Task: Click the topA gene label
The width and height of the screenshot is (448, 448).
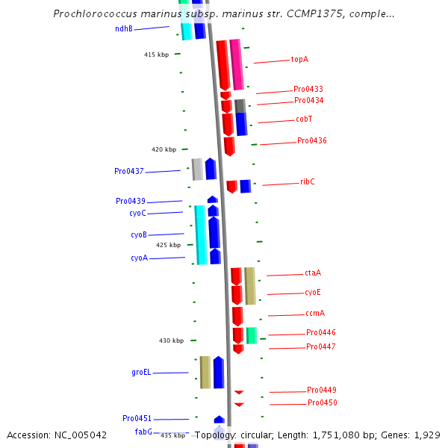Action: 299,59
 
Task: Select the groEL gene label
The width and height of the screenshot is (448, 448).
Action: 141,372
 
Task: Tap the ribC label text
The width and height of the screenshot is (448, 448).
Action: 308,181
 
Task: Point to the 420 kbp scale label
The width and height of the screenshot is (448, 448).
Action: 164,149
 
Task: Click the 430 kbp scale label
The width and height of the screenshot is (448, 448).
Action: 171,340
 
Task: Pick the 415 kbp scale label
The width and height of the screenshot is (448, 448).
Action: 156,55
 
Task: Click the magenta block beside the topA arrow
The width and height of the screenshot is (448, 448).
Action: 236,64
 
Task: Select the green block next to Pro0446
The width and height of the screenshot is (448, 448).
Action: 252,335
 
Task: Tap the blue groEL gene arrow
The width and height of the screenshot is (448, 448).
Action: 219,372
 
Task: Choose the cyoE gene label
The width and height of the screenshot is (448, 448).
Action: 313,292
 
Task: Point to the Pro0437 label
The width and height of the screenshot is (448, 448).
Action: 129,171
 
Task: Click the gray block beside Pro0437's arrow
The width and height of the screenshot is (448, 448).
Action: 197,169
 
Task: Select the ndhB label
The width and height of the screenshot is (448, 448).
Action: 124,28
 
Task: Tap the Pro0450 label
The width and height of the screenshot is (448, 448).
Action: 323,402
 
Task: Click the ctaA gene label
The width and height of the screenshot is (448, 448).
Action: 313,273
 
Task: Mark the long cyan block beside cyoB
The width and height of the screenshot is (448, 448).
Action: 200,234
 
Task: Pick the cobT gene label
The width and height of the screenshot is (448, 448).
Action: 304,119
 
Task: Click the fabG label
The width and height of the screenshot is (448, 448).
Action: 143,432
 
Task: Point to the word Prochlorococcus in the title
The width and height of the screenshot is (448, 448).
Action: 95,14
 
